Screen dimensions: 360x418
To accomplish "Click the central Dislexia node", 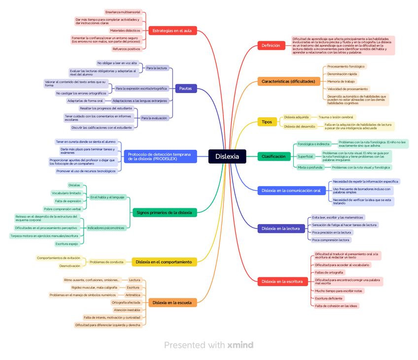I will (227, 157).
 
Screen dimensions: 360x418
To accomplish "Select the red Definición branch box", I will (271, 46).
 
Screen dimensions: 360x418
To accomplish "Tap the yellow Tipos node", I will (267, 122).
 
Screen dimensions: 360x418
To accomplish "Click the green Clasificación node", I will (273, 157).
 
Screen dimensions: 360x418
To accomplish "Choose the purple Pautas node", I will (186, 89).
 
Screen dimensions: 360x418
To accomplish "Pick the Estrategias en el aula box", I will (172, 31).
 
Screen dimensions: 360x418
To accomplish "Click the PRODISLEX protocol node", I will (159, 157).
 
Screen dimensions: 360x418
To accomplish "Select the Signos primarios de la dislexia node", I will (164, 213).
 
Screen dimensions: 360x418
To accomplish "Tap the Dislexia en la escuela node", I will (172, 302).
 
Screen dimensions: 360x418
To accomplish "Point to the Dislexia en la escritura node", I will (282, 282).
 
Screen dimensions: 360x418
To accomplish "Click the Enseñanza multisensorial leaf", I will (123, 12).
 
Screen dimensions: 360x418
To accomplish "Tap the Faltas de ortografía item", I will (330, 272).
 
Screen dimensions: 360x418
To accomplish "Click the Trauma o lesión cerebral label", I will (336, 117).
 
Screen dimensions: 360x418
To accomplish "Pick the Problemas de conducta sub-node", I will (106, 262).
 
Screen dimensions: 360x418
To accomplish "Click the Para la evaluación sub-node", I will (154, 118).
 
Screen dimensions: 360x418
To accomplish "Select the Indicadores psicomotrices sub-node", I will (106, 228).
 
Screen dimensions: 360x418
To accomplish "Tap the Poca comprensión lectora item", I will (331, 240).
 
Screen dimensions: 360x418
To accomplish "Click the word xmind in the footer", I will (240, 345).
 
